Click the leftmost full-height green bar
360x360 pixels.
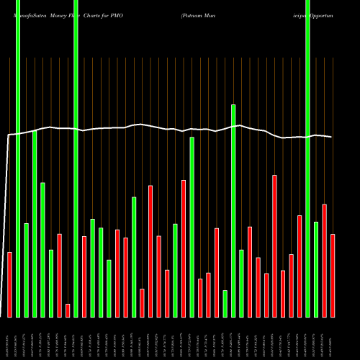coord(18,158)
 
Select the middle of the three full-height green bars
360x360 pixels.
coord(76,158)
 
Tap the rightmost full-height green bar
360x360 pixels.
coord(308,158)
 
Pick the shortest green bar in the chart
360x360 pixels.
coord(225,303)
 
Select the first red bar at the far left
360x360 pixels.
coord(9,284)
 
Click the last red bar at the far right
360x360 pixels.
coord(333,275)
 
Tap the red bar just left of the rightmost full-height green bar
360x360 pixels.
coord(300,266)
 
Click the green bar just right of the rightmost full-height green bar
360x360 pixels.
coord(316,269)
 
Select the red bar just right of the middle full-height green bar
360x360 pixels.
coord(84,276)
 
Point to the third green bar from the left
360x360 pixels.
coord(35,223)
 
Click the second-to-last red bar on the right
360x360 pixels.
coord(325,261)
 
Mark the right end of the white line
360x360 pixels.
coord(332,137)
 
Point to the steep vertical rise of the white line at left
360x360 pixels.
coord(7,216)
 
